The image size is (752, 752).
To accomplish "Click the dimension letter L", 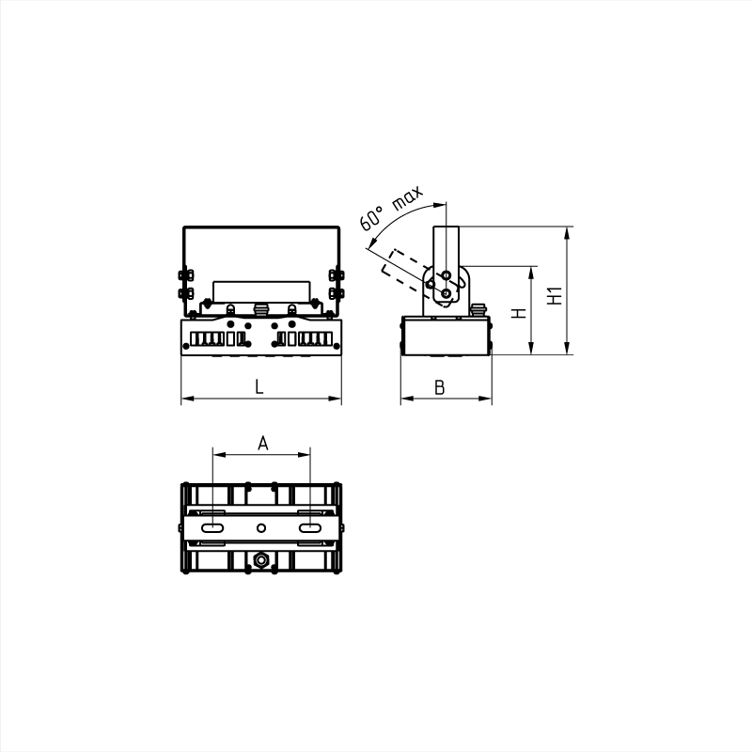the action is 259,386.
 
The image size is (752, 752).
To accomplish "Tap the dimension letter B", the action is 439,387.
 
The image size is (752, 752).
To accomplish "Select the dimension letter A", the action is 263,443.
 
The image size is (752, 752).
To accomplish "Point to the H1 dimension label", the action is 555,296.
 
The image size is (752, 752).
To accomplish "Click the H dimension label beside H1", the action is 519,313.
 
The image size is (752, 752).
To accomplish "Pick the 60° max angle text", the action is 391,207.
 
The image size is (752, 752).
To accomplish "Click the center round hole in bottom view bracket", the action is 261,528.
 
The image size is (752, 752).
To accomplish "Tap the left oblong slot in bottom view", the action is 212,528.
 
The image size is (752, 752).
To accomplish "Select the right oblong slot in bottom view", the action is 310,528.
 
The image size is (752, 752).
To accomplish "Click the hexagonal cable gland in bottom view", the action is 261,559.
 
